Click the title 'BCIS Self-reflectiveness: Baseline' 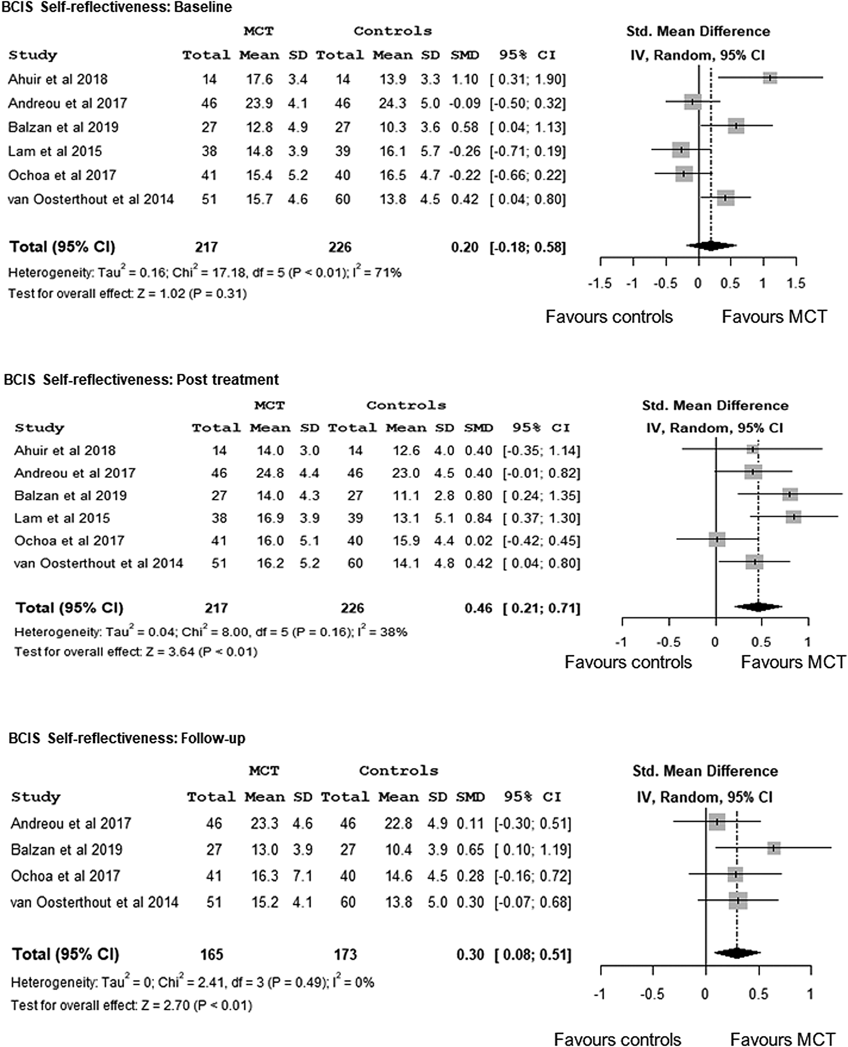tap(117, 7)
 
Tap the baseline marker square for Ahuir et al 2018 tap(770, 78)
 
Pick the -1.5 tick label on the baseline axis tap(600, 283)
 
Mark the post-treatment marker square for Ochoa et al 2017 tap(717, 539)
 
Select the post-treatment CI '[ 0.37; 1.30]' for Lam tap(541, 518)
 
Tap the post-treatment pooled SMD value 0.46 tap(478, 608)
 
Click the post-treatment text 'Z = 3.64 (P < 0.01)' tap(201, 652)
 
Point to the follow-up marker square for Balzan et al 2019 tap(774, 848)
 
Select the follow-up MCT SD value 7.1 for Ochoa tap(302, 876)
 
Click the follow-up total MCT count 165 tap(212, 954)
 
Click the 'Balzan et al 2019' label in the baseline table tap(63, 127)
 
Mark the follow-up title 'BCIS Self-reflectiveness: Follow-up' tap(127, 738)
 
